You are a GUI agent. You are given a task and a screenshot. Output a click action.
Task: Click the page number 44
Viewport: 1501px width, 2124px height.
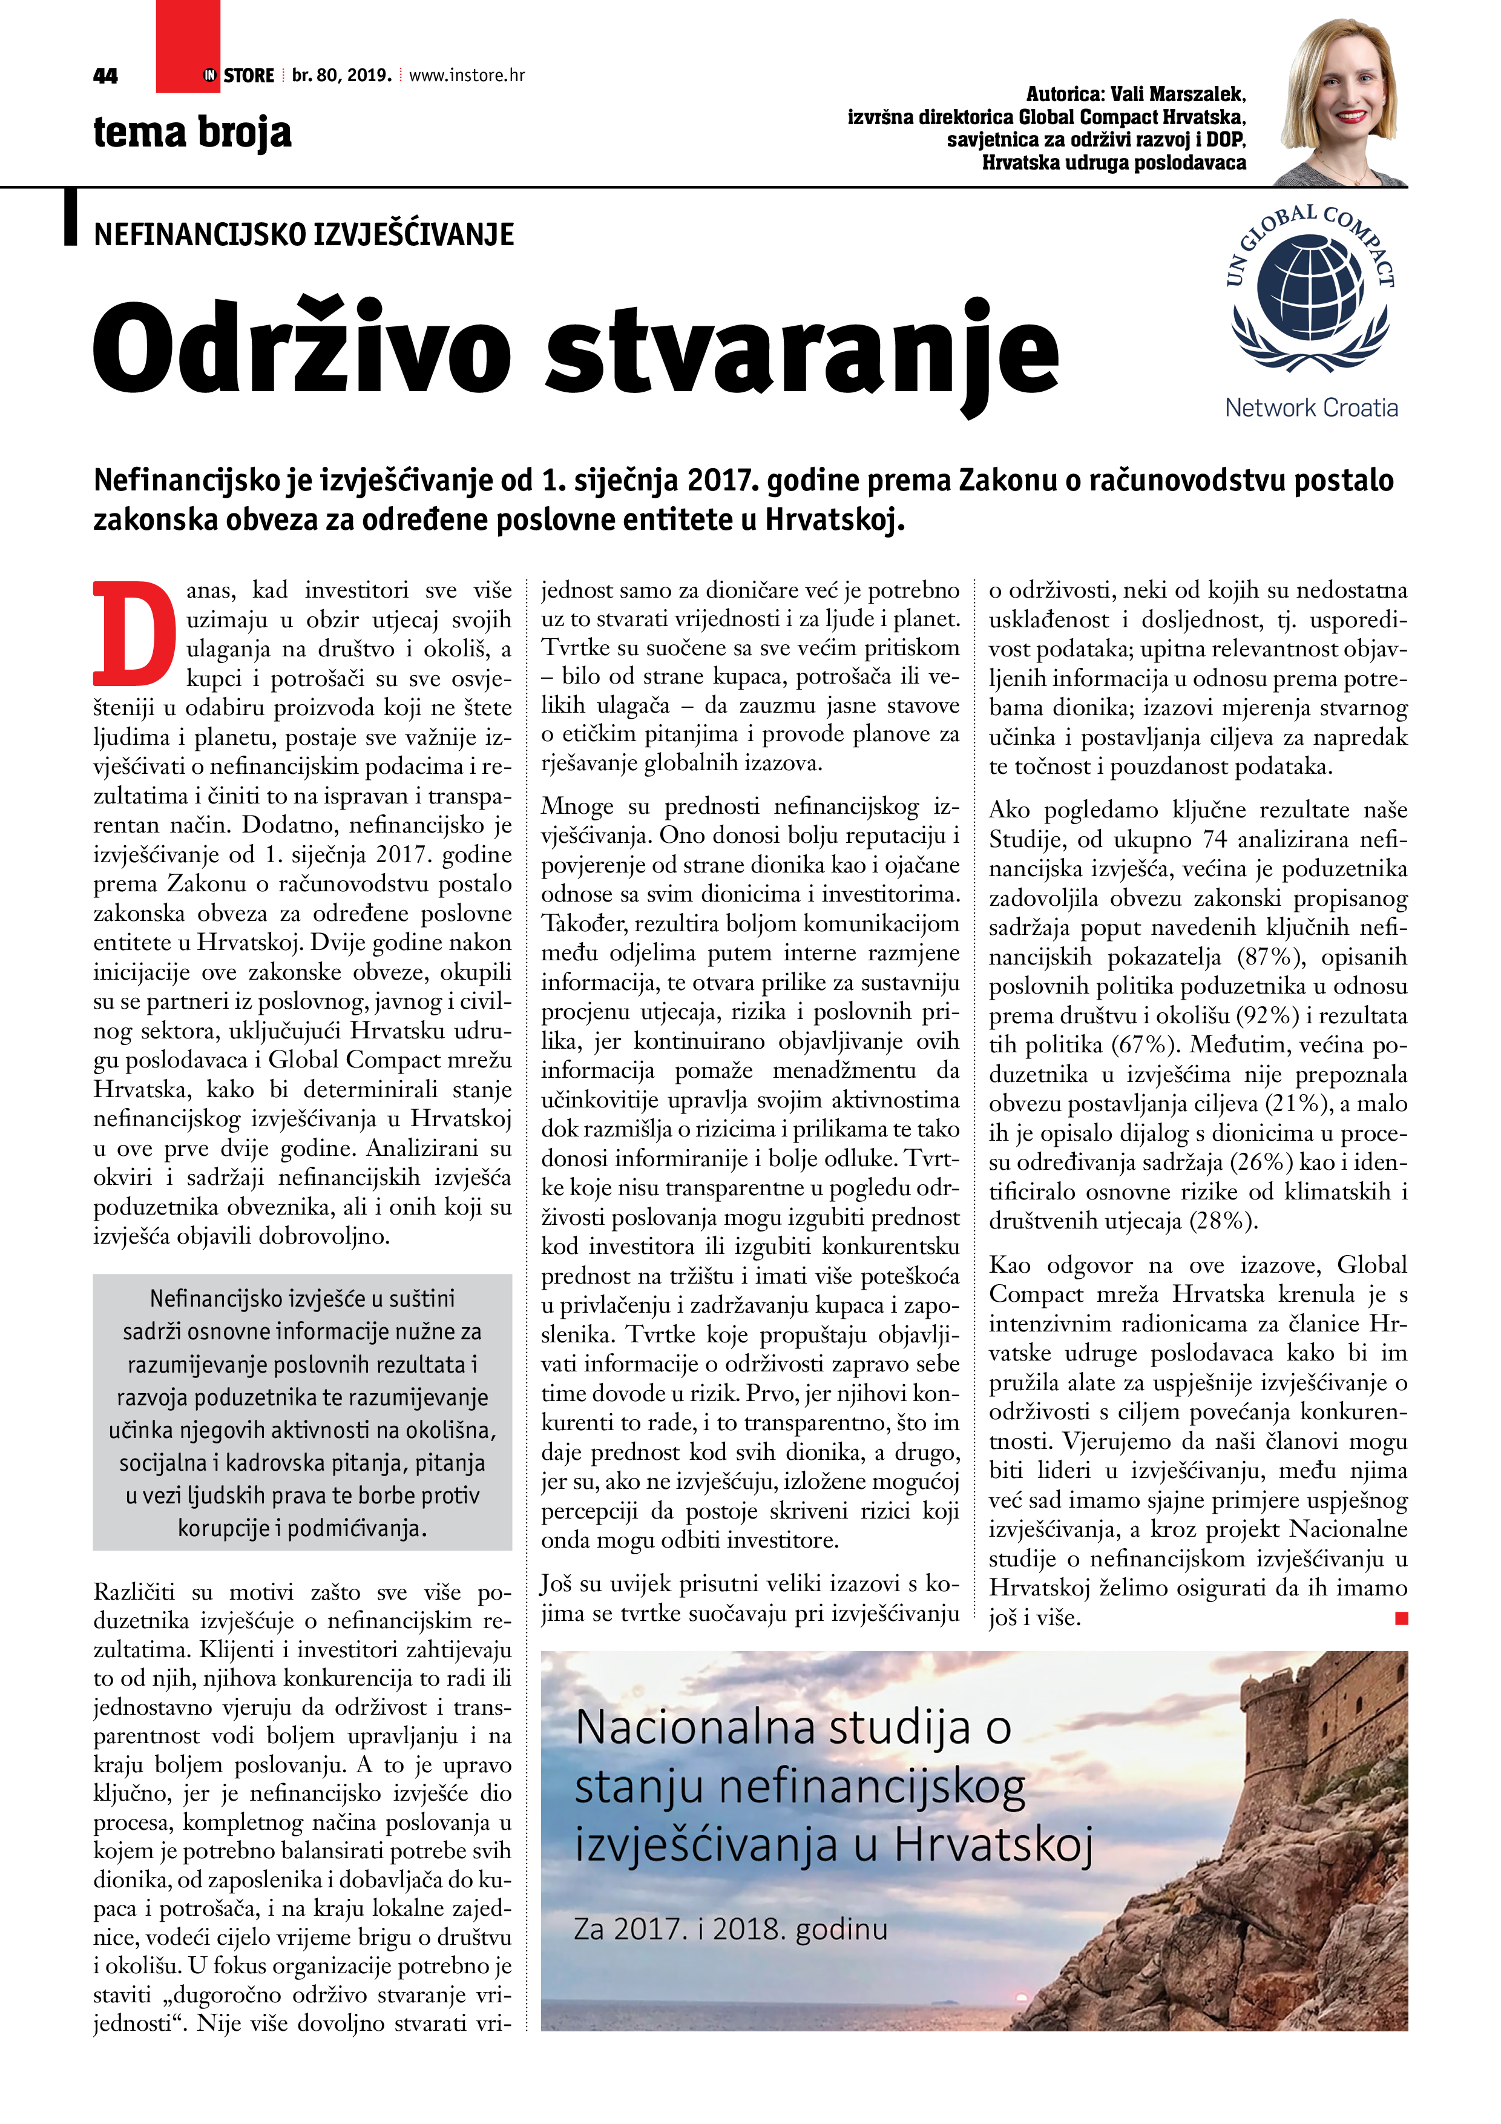[105, 76]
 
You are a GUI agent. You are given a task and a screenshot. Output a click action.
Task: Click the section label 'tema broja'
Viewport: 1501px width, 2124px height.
[192, 132]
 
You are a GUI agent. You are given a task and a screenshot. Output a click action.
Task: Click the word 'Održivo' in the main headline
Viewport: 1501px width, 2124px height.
[301, 352]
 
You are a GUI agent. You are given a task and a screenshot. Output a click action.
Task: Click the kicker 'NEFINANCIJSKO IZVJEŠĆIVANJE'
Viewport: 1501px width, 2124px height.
[303, 235]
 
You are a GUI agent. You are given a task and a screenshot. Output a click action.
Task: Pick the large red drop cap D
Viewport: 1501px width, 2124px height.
[135, 634]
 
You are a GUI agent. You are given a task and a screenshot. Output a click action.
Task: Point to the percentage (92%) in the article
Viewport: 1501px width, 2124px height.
[1268, 1016]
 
